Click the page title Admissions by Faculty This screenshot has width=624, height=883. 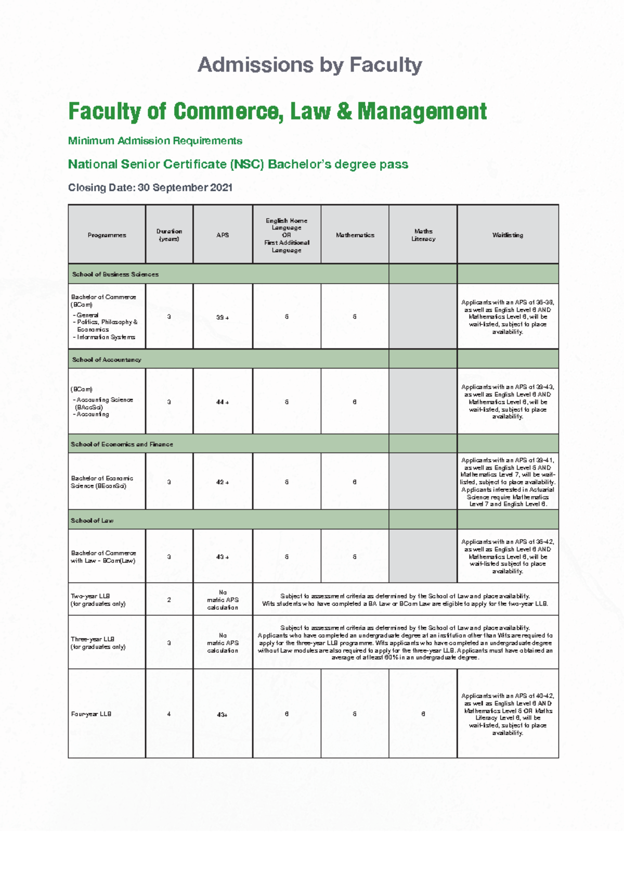(310, 65)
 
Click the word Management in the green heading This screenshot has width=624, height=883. (422, 111)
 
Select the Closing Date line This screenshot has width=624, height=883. (150, 187)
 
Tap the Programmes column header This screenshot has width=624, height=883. (107, 235)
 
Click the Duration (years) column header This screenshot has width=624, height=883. (169, 235)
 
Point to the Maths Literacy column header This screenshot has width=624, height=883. (423, 235)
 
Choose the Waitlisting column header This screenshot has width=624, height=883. (508, 235)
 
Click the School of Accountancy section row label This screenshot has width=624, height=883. (107, 360)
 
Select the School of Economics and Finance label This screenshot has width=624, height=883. (122, 445)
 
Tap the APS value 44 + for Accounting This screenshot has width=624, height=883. (223, 402)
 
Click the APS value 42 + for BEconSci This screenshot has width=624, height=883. (223, 483)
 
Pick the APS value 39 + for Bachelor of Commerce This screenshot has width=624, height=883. (223, 318)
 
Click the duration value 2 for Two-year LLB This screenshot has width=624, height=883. (169, 600)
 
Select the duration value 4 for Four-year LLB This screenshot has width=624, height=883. (169, 714)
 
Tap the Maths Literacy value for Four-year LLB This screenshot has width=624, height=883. (423, 714)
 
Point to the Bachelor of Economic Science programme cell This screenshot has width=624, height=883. (102, 482)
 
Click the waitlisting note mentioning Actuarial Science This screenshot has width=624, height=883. (508, 483)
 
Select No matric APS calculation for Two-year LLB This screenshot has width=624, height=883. (223, 600)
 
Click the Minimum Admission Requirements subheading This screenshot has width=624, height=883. (155, 141)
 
